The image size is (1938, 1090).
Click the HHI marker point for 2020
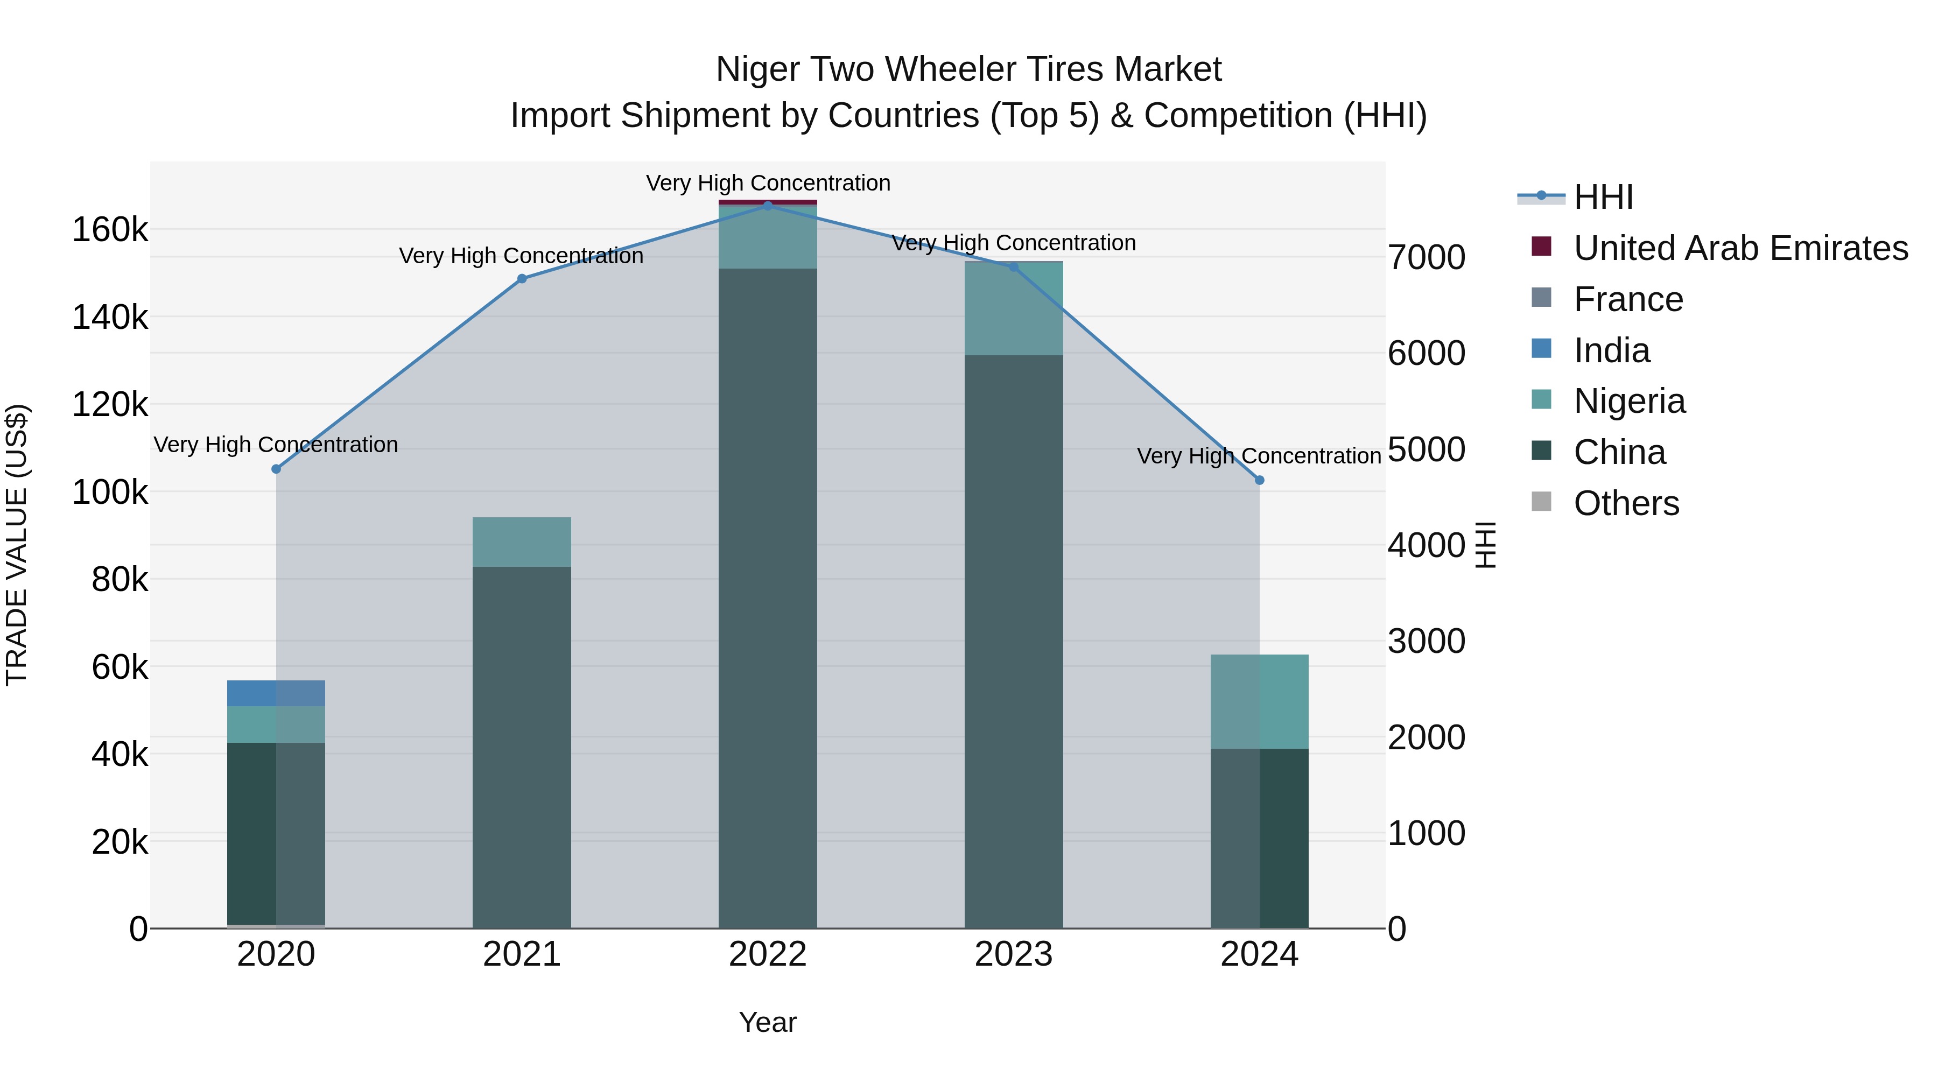276,469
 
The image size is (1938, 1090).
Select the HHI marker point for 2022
767,206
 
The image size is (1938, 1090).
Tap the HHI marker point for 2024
1259,480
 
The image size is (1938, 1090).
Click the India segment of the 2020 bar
276,693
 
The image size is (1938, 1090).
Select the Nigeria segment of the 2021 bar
521,542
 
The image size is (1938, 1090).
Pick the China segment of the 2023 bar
1013,639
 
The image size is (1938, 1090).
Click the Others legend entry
1626,503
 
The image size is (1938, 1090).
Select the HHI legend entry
1603,197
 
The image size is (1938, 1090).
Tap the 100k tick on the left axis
110,493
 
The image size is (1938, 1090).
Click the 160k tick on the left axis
110,229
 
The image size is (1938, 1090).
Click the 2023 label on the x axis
1013,954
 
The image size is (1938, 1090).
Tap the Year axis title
767,1022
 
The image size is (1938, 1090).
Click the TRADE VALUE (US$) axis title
17,545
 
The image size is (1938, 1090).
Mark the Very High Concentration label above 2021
521,256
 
